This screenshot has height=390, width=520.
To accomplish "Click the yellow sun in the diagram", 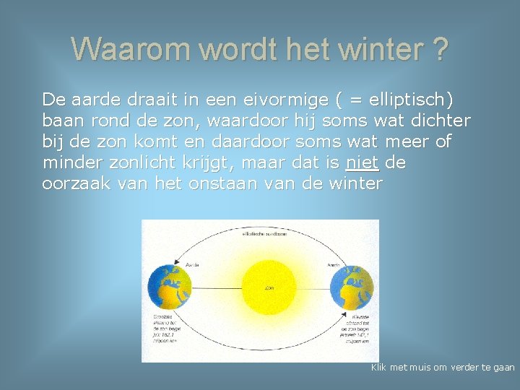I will coord(269,288).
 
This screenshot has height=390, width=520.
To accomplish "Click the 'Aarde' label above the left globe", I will coord(193,265).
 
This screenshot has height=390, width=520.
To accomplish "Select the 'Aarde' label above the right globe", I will coord(334,265).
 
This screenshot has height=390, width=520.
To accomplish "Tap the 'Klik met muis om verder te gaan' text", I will coord(442,368).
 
